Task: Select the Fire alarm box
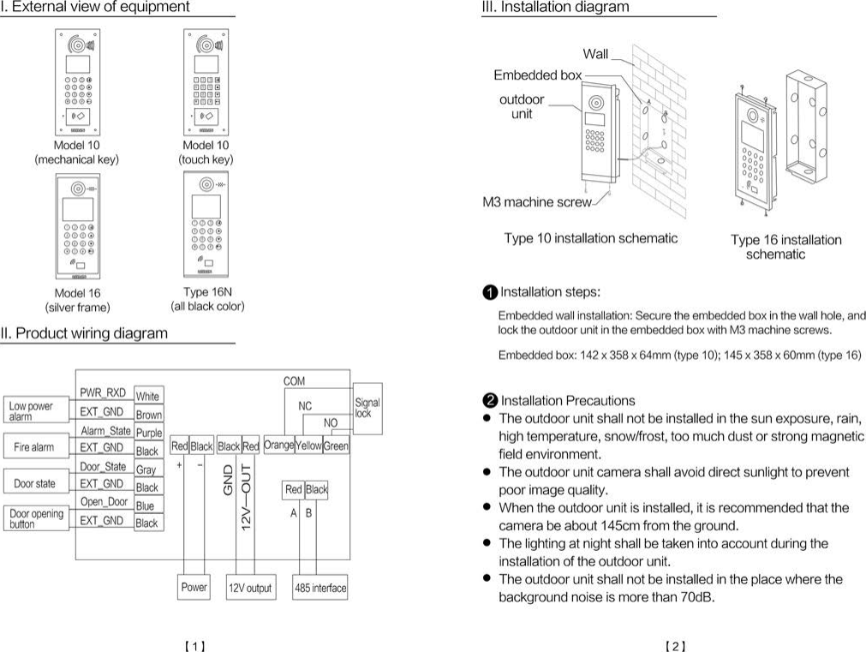[x=34, y=447]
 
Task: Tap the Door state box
[x=34, y=483]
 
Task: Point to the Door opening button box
[x=36, y=519]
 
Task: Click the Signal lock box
[x=367, y=407]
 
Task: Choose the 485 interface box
[x=320, y=588]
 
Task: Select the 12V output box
[x=250, y=588]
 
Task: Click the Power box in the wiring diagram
[x=194, y=588]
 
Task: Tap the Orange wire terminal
[x=279, y=446]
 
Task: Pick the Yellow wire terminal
[x=308, y=446]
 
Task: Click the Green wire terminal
[x=336, y=446]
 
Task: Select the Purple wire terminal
[x=148, y=434]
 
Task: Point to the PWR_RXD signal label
[x=103, y=393]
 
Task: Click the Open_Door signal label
[x=104, y=501]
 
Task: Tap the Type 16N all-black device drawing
[x=206, y=224]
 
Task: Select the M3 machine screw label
[x=536, y=203]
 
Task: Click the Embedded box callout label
[x=537, y=75]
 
